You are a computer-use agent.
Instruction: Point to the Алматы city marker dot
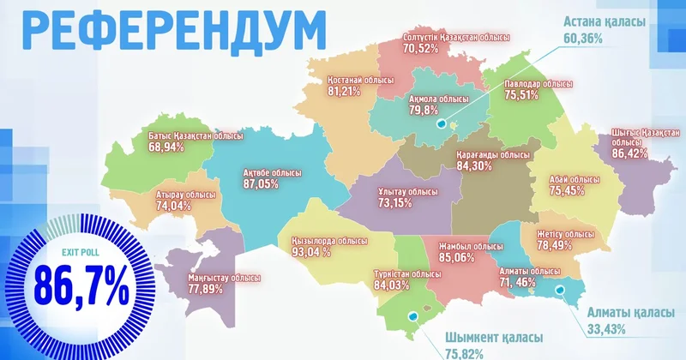click(562, 291)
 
